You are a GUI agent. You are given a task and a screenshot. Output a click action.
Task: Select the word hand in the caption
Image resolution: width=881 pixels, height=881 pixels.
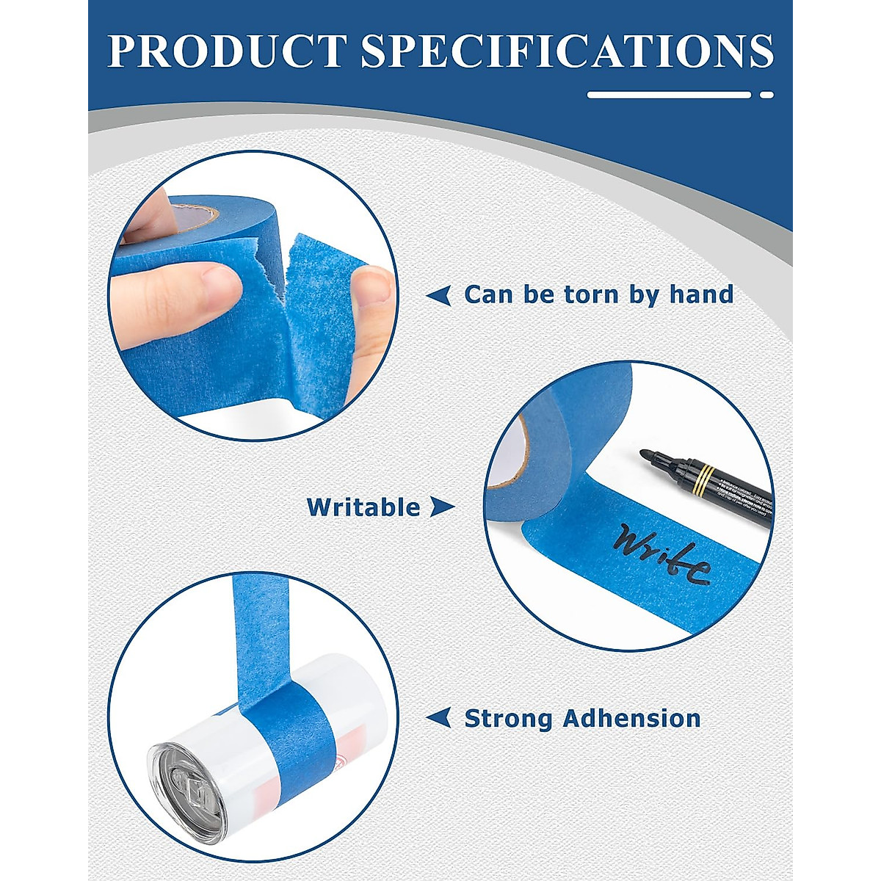coord(701,294)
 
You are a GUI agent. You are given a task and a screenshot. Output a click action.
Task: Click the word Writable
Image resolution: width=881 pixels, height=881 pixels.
coord(363,507)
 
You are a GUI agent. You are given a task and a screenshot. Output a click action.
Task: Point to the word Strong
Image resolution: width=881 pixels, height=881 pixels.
coord(507,718)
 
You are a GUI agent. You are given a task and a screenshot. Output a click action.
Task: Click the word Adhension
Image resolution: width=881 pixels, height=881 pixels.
coord(631,718)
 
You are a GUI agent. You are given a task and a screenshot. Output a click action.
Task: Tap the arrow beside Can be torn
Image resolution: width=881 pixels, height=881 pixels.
coord(439,296)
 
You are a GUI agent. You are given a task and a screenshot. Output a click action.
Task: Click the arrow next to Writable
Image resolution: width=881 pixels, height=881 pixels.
coord(441,507)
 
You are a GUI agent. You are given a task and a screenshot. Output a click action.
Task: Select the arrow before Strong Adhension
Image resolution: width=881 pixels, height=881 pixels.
coord(439,718)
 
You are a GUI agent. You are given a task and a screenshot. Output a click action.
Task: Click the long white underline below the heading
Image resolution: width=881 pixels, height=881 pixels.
coord(669,95)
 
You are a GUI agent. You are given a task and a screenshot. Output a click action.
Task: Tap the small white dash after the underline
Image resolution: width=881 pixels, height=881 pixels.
coord(766,95)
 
